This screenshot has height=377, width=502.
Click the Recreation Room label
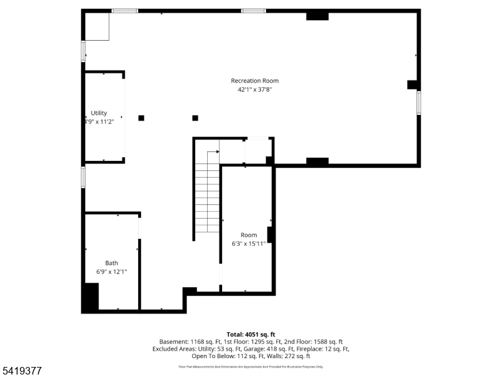[255, 80]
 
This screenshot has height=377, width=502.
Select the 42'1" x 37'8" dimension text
[255, 90]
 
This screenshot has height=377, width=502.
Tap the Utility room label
[99, 113]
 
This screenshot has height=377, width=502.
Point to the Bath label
[112, 263]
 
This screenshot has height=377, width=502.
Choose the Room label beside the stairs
[248, 235]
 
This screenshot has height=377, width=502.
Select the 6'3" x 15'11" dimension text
[248, 244]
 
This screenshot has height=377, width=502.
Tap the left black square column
[141, 117]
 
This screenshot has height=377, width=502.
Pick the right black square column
[195, 117]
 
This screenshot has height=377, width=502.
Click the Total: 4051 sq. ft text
[251, 334]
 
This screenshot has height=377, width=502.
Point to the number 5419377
[21, 371]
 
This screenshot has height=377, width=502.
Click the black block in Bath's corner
[91, 297]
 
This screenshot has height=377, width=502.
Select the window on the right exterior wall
[419, 103]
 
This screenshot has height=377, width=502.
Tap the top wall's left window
[125, 11]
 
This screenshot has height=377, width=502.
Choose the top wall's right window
[254, 11]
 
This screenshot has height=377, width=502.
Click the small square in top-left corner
[97, 27]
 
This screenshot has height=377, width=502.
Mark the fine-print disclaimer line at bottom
[251, 366]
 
